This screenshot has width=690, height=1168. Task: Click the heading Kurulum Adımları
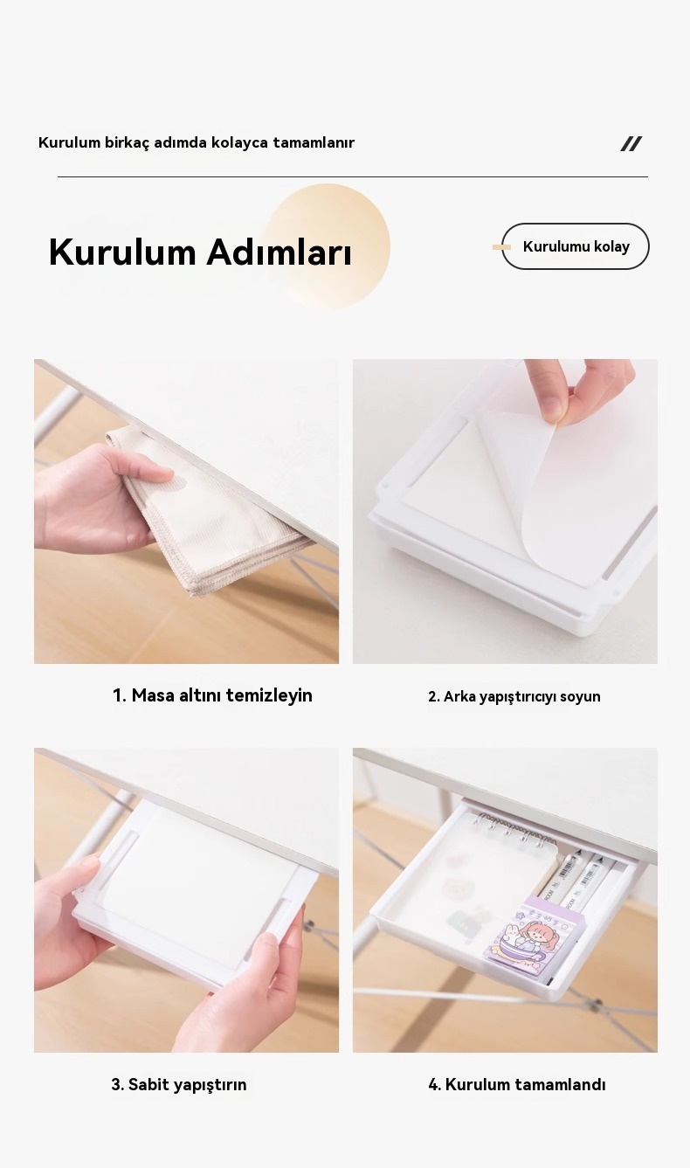pos(200,252)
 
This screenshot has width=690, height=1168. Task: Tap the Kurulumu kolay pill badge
pos(576,246)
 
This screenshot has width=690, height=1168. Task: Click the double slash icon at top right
pos(631,144)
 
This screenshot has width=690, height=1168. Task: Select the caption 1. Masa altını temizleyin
pos(212,695)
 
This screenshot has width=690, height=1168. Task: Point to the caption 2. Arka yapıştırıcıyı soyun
pos(514,696)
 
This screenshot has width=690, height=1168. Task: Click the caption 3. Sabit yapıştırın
pos(179,1085)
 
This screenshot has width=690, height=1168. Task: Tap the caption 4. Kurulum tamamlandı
pos(516,1085)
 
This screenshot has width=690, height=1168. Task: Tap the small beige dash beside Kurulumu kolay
pos(501,246)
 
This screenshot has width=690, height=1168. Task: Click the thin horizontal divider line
pos(353,176)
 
